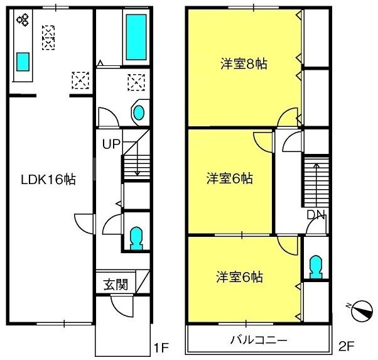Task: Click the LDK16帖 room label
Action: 48,180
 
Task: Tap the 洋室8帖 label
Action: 244,64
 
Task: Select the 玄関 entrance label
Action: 116,285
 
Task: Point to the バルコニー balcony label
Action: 259,341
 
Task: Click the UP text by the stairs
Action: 111,144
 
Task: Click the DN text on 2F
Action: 316,215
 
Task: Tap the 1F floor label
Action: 161,347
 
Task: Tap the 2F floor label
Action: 346,347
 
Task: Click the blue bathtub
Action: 136,37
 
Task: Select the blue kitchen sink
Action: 23,62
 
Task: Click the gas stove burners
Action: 23,19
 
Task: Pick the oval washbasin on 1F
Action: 139,112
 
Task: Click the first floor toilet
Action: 136,238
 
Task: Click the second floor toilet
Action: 316,267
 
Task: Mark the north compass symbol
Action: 362,310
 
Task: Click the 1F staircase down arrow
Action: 137,158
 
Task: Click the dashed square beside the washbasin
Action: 136,82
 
